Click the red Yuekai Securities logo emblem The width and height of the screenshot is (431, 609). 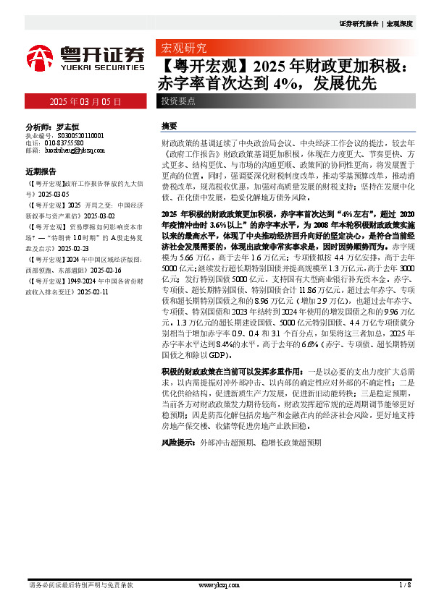(41, 56)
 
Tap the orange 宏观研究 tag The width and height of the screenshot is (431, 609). (183, 50)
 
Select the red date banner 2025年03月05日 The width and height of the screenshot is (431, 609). (85, 102)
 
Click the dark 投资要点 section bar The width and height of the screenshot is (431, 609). (178, 102)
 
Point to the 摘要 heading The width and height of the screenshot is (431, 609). (169, 126)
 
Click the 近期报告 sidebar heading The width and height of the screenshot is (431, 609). (41, 172)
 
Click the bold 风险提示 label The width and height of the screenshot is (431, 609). (178, 440)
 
